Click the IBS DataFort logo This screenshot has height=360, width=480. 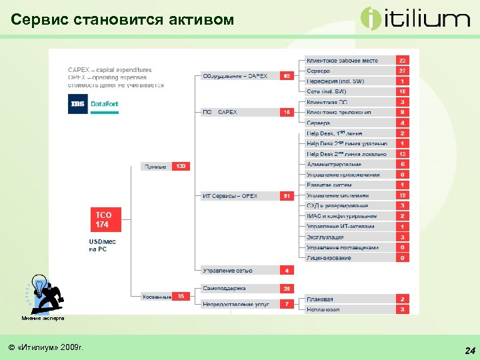93,105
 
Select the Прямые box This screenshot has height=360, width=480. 155,166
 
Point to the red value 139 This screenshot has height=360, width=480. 181,166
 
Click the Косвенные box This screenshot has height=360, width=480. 157,297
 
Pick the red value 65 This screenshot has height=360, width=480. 287,76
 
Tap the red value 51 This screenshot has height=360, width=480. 287,196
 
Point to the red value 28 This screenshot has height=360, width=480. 287,289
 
